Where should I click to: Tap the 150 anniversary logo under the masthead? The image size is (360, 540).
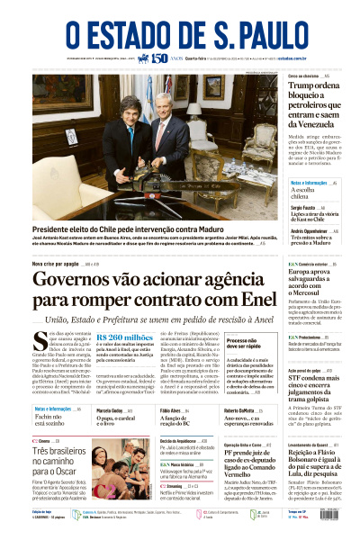click(158, 59)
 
